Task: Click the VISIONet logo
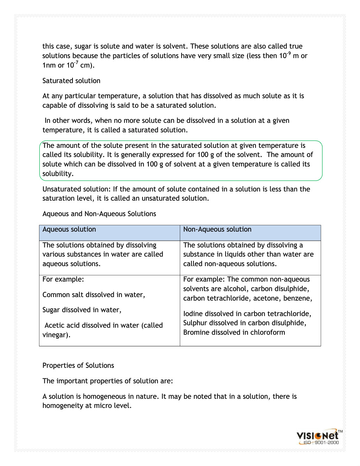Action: (317, 436)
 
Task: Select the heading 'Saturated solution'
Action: (71, 81)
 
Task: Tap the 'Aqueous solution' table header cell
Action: (69, 229)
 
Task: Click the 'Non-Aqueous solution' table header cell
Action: (217, 229)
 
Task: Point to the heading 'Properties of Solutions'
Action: (78, 365)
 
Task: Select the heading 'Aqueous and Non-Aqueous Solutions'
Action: (99, 214)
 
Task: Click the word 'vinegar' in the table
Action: (55, 335)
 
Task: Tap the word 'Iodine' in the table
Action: (193, 314)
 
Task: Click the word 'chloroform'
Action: (267, 332)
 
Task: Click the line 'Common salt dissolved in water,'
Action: (94, 295)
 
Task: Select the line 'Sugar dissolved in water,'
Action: (82, 310)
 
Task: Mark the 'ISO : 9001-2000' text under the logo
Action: (321, 443)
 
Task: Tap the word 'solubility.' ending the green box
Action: (58, 174)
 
